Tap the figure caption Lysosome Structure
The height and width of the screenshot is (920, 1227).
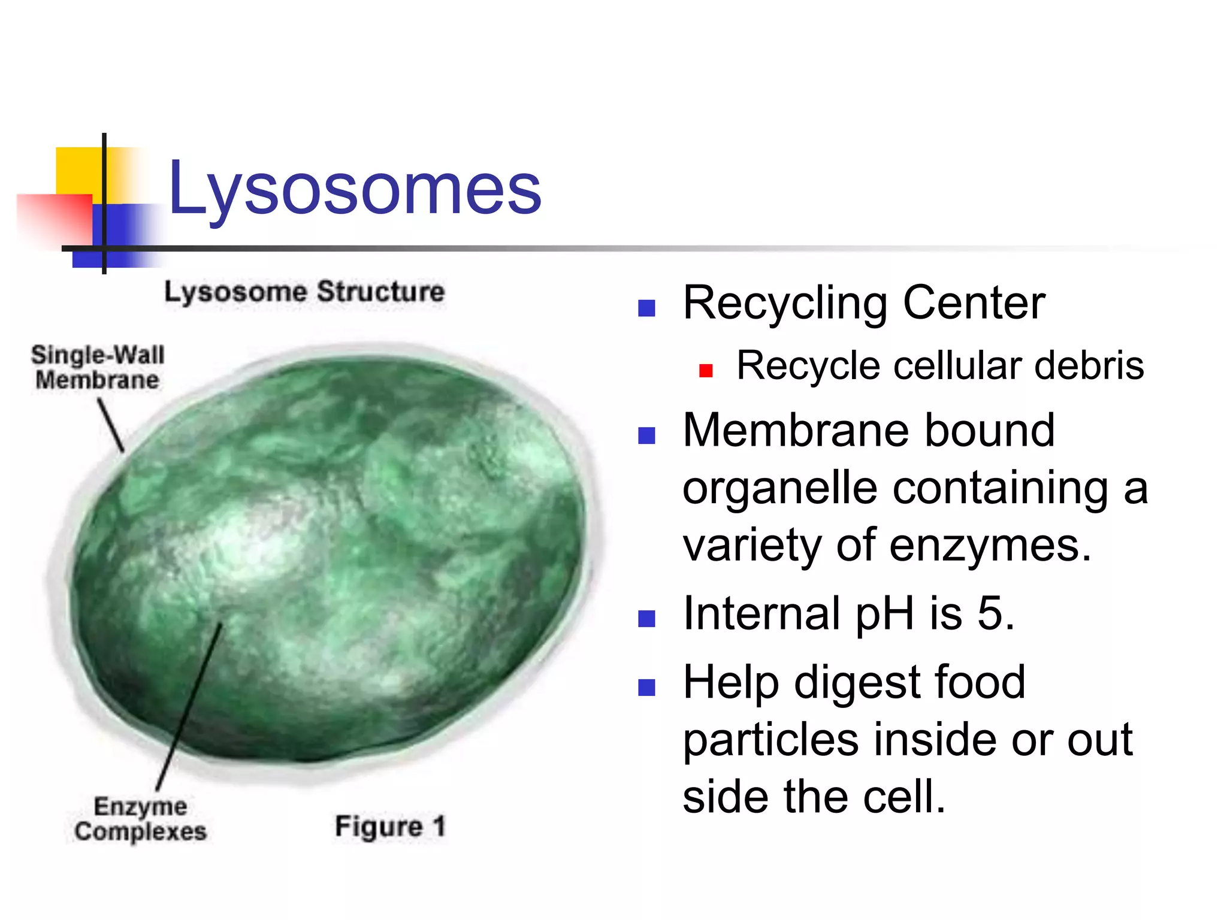[304, 292]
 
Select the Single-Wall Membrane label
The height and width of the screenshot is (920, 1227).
[97, 367]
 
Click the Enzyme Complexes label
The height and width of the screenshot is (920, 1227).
[140, 819]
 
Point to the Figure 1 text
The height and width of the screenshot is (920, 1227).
[390, 827]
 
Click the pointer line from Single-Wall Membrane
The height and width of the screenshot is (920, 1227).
[111, 425]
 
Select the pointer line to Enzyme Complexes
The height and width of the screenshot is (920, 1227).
[189, 707]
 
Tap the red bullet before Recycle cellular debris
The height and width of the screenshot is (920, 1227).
[706, 371]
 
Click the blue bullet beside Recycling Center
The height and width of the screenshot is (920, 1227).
[646, 308]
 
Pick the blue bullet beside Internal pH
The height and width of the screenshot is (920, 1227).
[646, 619]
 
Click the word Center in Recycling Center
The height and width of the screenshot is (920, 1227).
[974, 303]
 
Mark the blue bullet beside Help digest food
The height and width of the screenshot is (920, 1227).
[646, 687]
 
